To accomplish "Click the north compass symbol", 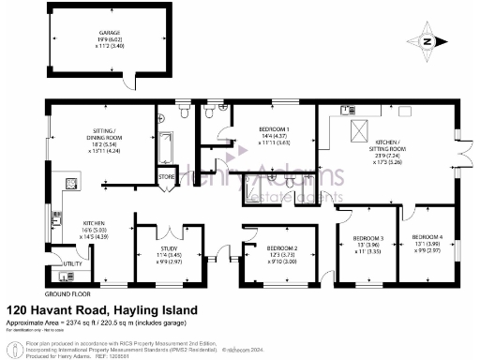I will [x=427, y=41].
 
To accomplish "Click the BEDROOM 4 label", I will [x=426, y=237].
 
